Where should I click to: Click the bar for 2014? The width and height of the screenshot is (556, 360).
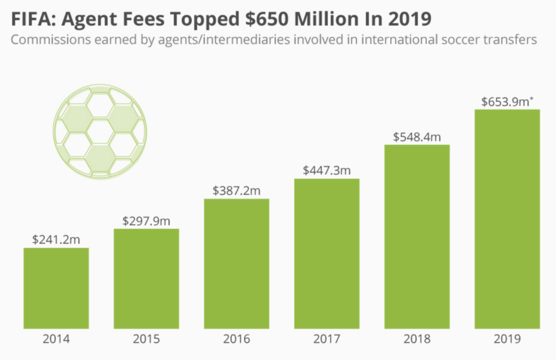click(56, 288)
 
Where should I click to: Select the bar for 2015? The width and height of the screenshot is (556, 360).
click(146, 279)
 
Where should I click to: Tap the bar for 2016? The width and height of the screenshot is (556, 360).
click(236, 264)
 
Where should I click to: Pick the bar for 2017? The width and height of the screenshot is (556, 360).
click(326, 254)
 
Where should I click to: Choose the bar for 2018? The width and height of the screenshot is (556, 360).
click(417, 237)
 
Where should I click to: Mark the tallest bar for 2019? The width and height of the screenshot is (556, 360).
click(507, 219)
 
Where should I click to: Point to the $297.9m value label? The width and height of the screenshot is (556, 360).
click(146, 220)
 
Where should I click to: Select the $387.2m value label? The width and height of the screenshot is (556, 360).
click(236, 191)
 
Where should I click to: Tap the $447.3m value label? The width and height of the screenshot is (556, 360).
click(326, 170)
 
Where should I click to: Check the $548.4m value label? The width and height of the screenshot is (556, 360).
click(417, 136)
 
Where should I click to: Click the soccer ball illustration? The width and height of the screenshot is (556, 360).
click(100, 131)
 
